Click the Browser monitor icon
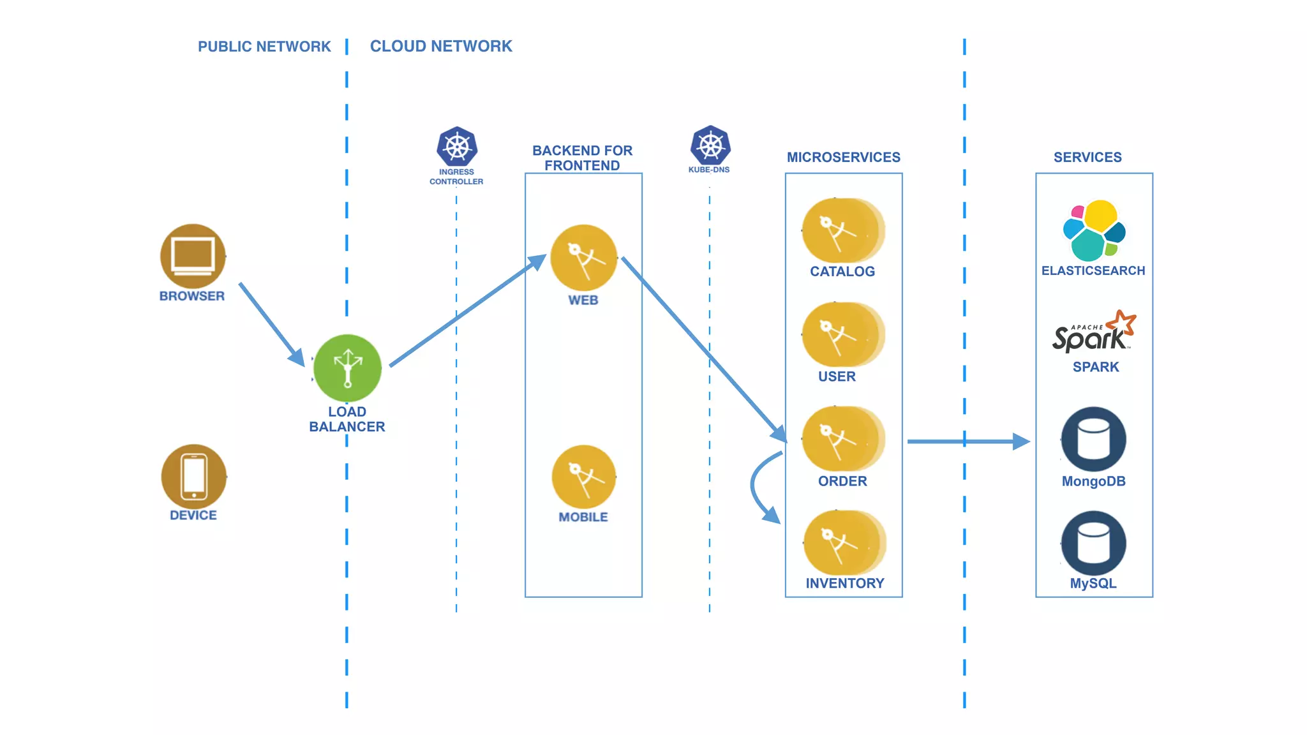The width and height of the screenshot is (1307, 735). [x=193, y=256]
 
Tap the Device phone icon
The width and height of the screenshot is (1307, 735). [x=193, y=477]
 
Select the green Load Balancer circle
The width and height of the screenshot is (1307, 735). [x=348, y=368]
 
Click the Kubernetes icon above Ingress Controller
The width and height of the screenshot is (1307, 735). [x=457, y=147]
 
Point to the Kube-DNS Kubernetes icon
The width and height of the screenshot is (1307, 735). [x=710, y=145]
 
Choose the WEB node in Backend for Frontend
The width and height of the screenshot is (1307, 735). [x=583, y=258]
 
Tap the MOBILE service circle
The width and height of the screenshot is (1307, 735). [x=583, y=477]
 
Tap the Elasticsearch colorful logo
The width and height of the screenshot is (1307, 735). [x=1094, y=231]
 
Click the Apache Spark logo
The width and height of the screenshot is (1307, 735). [x=1094, y=333]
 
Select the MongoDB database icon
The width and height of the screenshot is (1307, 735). [x=1093, y=440]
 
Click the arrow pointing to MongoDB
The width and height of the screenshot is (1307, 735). [x=967, y=441]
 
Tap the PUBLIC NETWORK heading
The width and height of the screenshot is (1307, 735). [x=264, y=47]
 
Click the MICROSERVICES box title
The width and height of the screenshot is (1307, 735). [x=843, y=157]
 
